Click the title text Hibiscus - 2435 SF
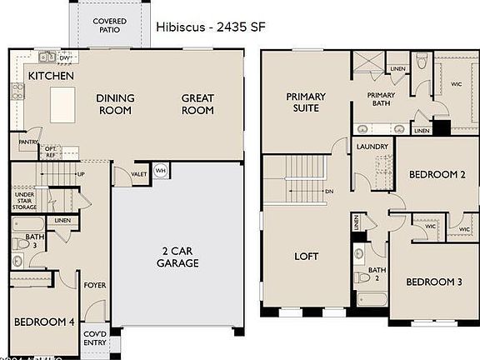[x=210, y=26]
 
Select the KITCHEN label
[x=51, y=76]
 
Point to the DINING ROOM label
[x=115, y=104]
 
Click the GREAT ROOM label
[x=197, y=104]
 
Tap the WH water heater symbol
[x=161, y=171]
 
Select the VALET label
[x=139, y=174]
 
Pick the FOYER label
[x=95, y=285]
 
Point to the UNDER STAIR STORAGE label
[x=24, y=201]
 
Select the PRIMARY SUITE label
[x=306, y=102]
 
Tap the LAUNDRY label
[x=372, y=147]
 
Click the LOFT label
[x=307, y=257]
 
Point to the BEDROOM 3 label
[x=433, y=282]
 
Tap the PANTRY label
[x=27, y=142]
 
